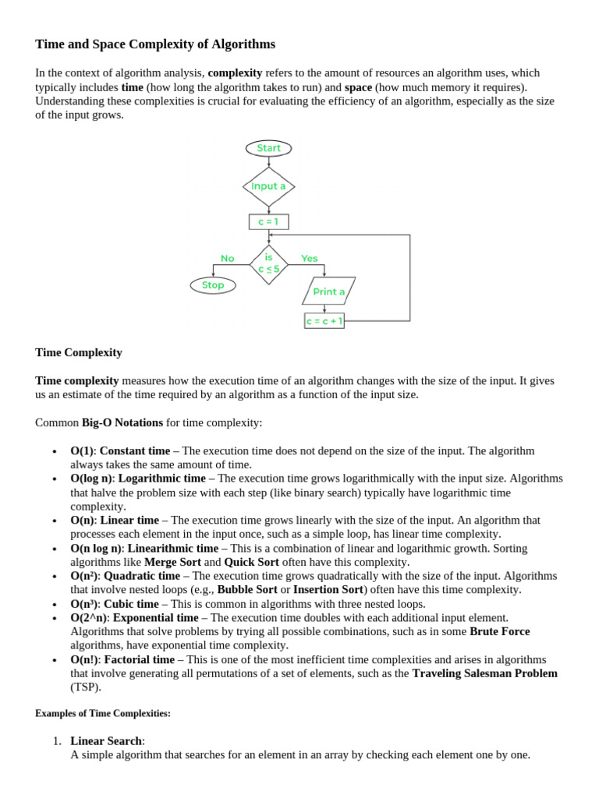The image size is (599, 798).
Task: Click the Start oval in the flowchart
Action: click(268, 148)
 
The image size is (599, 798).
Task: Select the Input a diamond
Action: click(268, 186)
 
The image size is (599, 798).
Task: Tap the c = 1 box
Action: click(268, 222)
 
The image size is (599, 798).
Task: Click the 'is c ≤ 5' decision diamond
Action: click(268, 263)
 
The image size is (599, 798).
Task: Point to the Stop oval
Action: click(213, 285)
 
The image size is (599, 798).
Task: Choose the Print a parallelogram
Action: click(328, 291)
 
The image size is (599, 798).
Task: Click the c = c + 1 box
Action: click(324, 321)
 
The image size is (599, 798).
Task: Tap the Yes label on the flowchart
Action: click(310, 259)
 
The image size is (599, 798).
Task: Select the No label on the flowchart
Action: click(227, 259)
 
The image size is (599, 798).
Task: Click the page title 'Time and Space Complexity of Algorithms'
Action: click(155, 44)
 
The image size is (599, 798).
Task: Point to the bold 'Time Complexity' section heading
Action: click(79, 352)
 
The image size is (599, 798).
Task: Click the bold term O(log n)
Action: click(91, 478)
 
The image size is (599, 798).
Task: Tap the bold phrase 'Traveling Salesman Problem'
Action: click(484, 673)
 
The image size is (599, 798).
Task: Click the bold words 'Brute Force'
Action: click(499, 631)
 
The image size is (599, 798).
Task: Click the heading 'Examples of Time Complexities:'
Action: click(102, 713)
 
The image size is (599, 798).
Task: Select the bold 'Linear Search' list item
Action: click(106, 740)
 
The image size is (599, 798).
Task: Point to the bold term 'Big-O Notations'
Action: click(122, 422)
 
